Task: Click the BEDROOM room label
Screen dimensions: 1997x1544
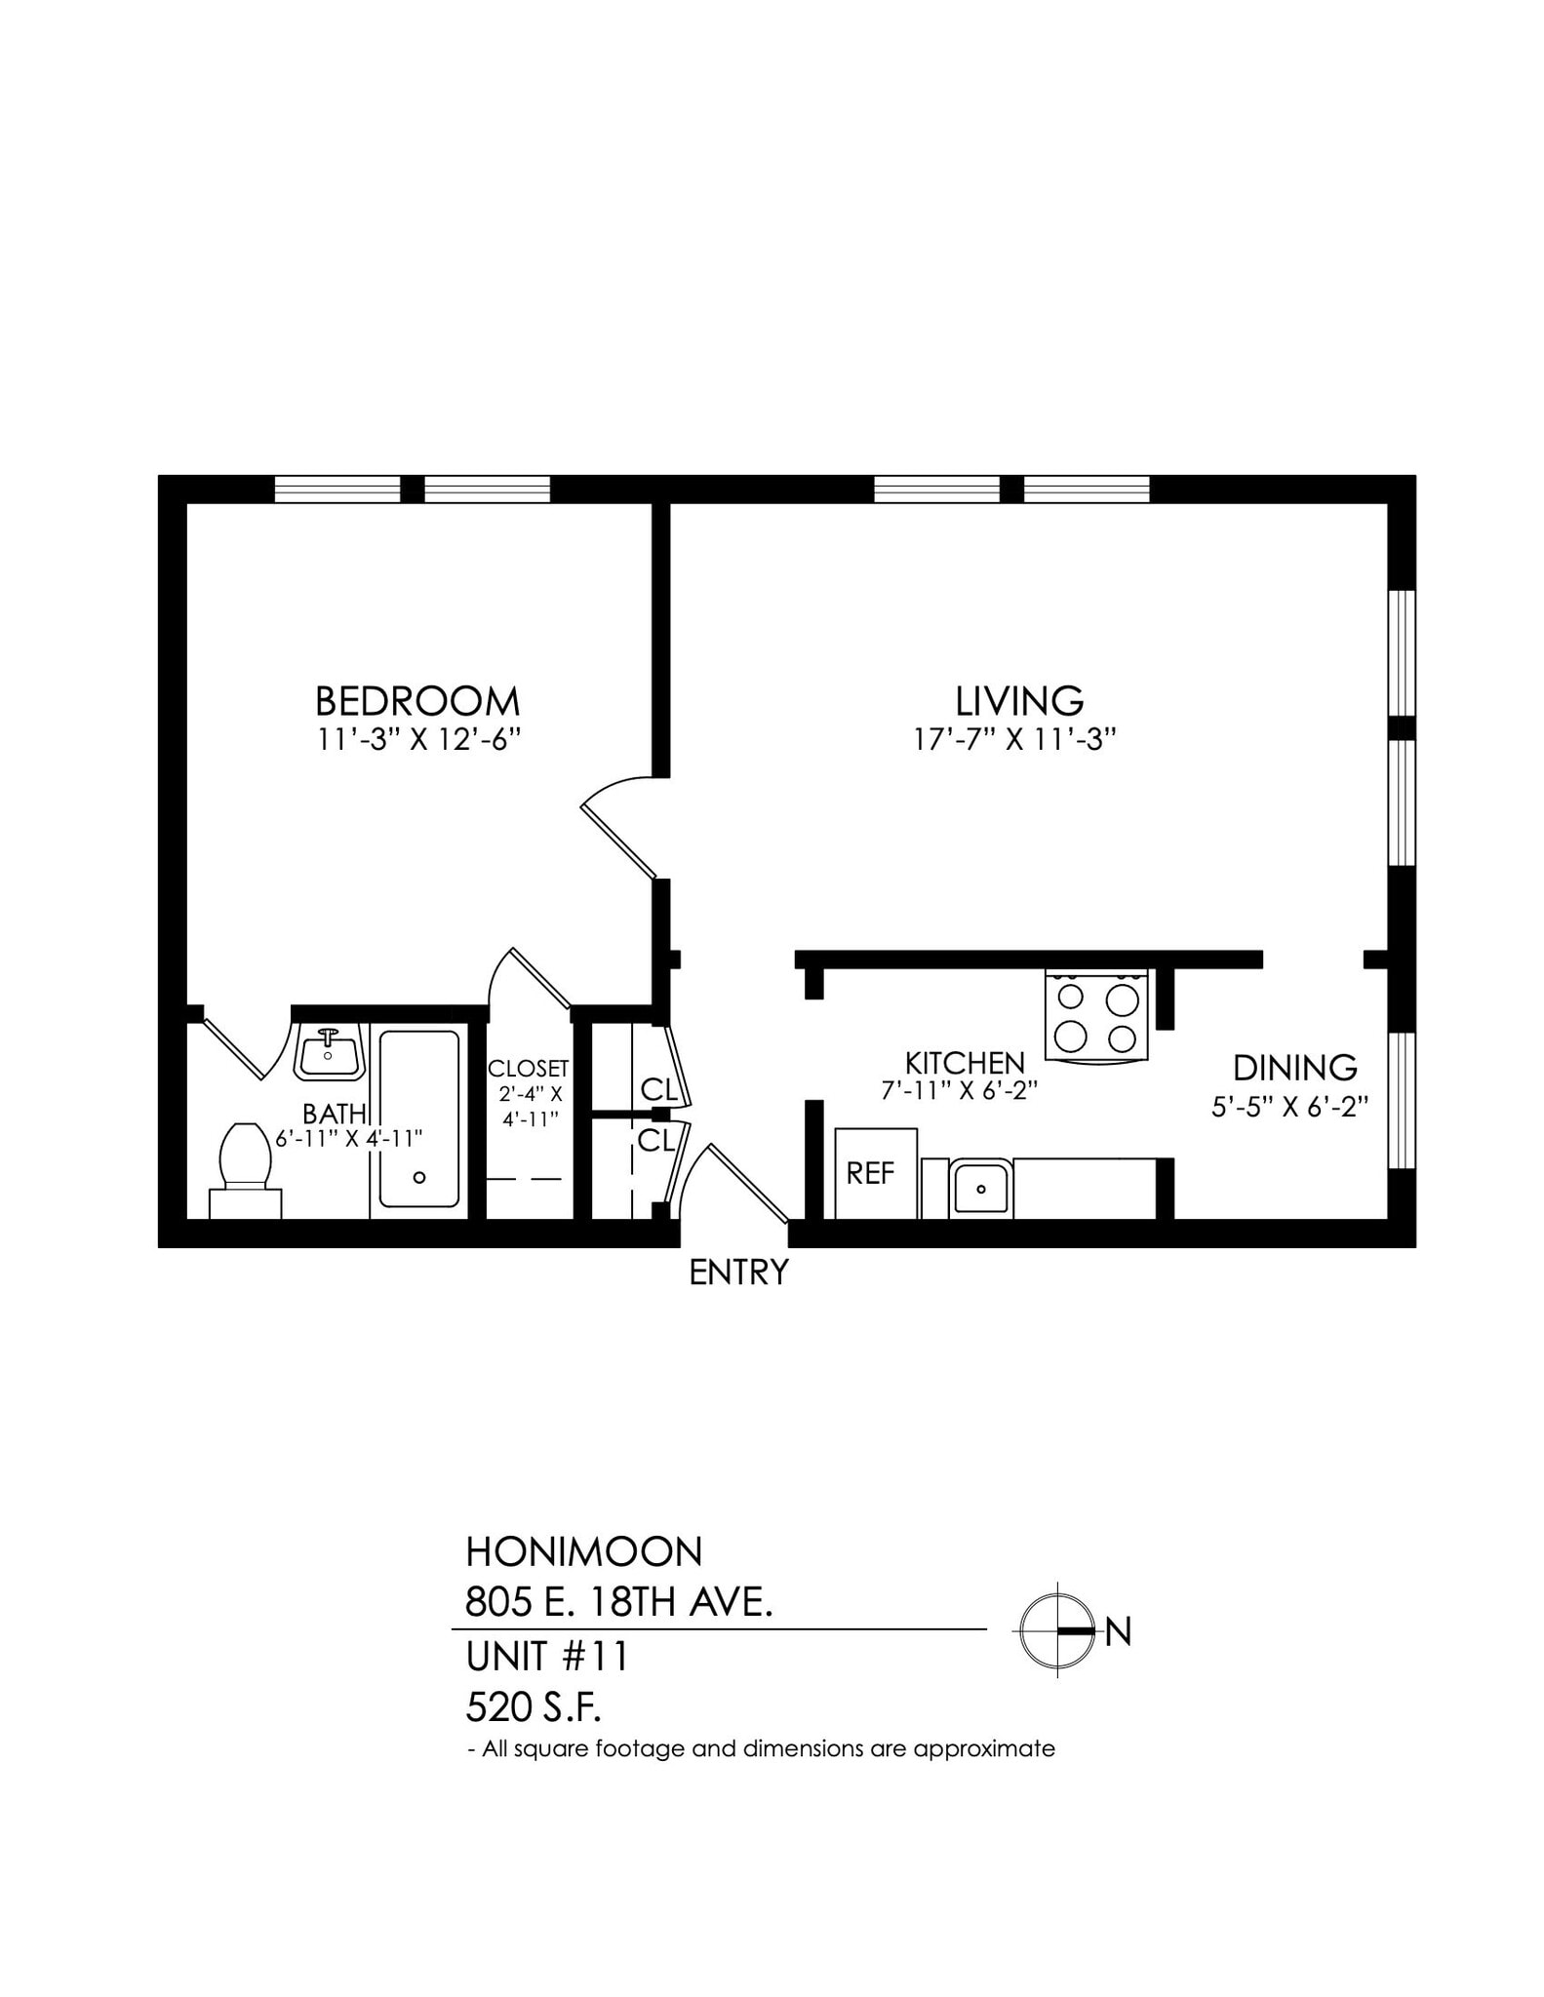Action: point(416,701)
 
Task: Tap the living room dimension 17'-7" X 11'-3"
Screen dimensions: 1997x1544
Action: point(1014,740)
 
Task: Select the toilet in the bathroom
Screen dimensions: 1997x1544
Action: point(245,1169)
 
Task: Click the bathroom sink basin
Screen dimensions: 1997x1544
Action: point(329,1052)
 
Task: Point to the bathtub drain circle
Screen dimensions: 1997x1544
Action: point(420,1177)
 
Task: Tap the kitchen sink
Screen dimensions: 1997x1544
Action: point(980,1188)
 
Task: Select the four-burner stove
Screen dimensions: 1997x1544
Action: point(1096,1014)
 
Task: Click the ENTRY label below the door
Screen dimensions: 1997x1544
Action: point(738,1273)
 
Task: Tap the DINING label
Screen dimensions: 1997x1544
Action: point(1294,1068)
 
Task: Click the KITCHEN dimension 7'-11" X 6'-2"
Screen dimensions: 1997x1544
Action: point(958,1091)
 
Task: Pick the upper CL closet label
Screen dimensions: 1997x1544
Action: point(658,1088)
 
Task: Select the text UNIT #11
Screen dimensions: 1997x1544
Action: point(546,1657)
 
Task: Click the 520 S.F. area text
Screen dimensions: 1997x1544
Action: point(534,1707)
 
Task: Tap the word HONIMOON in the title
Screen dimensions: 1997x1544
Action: point(583,1551)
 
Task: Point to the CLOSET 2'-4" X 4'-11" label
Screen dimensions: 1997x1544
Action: point(529,1093)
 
